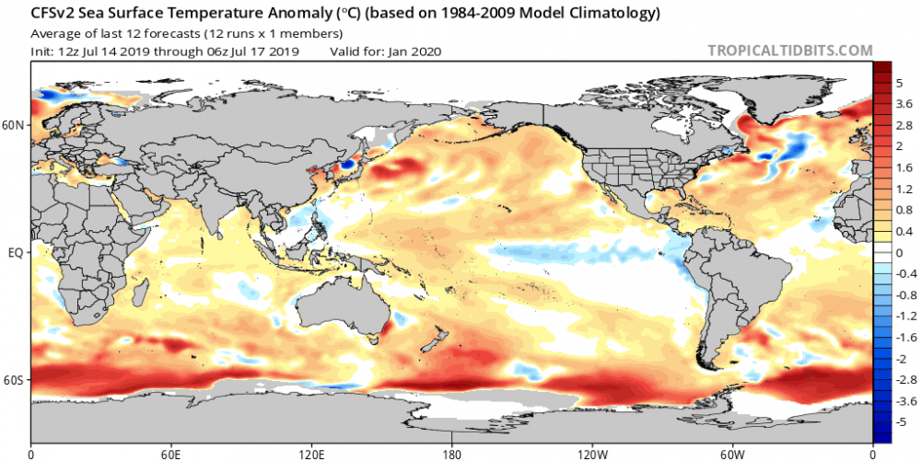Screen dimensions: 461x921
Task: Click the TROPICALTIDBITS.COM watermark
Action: [789, 51]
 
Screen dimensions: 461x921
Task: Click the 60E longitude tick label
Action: [171, 454]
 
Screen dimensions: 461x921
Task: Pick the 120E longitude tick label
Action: [311, 454]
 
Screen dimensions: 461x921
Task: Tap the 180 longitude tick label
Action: [452, 454]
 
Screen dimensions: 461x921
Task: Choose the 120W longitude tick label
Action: [592, 454]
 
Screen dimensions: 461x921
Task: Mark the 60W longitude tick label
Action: [732, 454]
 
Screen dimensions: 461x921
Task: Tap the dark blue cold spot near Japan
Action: [347, 165]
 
